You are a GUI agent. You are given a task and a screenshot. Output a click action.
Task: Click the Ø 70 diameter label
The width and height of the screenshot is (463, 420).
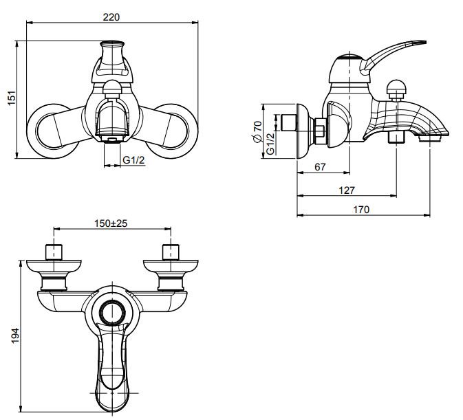pos(257,131)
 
